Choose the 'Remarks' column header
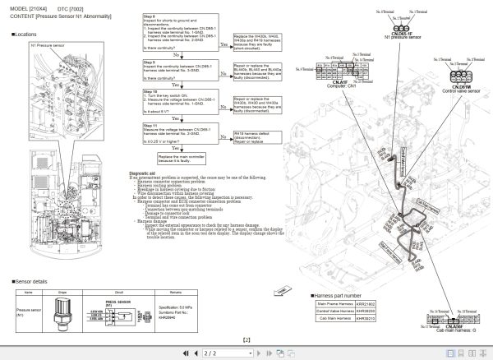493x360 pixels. pos(175,292)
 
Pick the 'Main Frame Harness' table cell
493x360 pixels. pos(335,305)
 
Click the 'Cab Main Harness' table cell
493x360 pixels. pos(335,318)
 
